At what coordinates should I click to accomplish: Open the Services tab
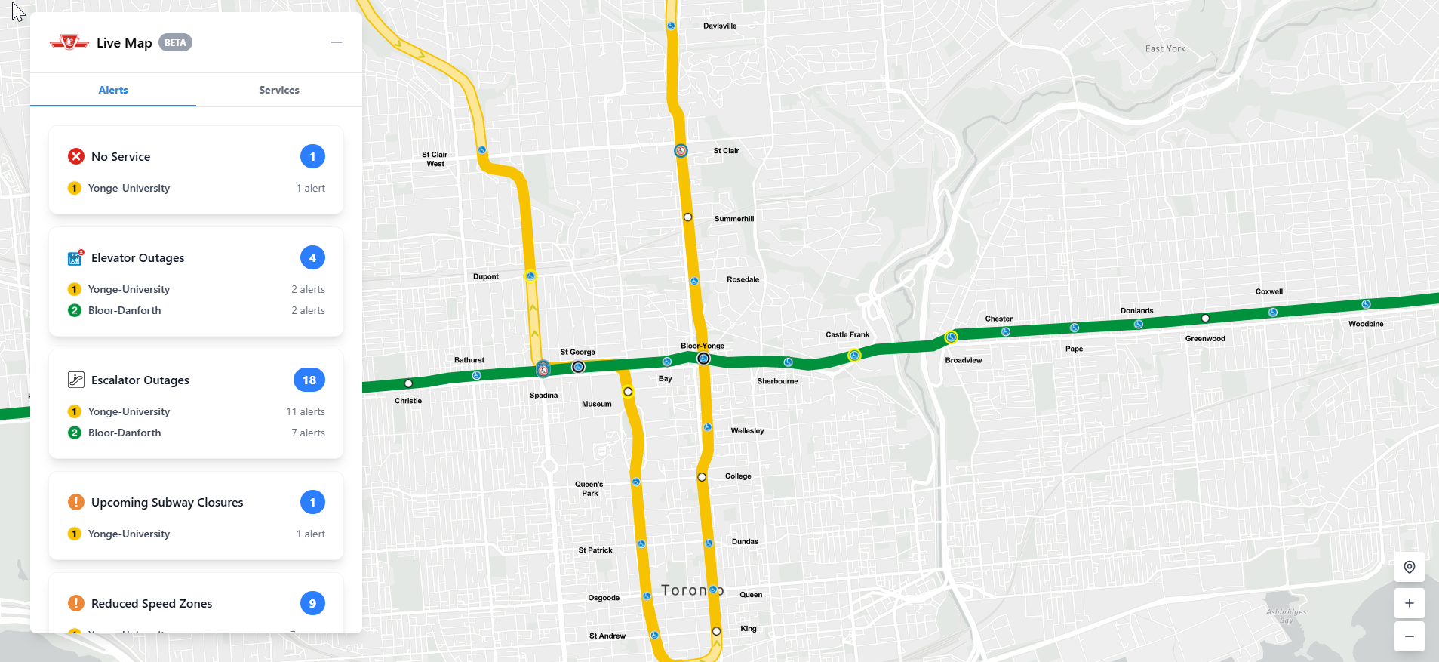coord(278,90)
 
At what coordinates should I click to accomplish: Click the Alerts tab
coord(113,90)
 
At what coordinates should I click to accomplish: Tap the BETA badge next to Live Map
coord(175,43)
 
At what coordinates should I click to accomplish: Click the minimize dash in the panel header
coord(337,42)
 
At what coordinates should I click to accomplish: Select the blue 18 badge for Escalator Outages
coord(309,380)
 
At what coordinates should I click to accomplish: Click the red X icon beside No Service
coord(76,156)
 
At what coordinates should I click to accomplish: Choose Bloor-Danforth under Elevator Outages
coord(125,310)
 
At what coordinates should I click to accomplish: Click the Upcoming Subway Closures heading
coord(167,502)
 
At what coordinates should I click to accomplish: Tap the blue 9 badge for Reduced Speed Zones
coord(312,603)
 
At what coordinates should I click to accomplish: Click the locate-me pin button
coord(1409,567)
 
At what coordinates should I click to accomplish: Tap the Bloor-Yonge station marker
coord(703,359)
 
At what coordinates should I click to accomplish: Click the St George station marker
coord(578,367)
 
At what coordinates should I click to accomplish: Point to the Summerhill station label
coord(733,219)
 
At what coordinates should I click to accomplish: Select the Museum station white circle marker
coord(628,392)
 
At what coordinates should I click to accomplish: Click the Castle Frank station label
coord(847,334)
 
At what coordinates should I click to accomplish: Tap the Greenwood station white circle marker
coord(1205,319)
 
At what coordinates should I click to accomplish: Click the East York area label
coord(1164,48)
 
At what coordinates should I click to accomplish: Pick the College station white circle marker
coord(702,477)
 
